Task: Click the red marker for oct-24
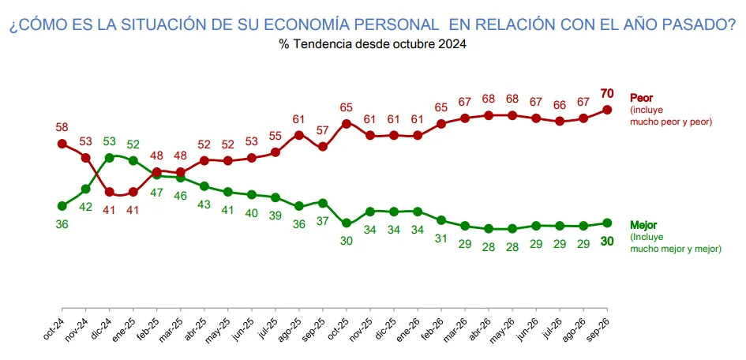click(62, 144)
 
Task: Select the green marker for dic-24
click(109, 158)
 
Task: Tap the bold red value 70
click(606, 92)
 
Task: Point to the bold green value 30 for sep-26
click(606, 242)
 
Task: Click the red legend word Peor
click(640, 98)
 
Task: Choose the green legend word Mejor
click(643, 225)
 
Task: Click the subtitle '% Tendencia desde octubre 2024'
click(373, 44)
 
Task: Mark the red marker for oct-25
click(347, 124)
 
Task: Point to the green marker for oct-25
click(347, 223)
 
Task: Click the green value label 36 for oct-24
click(62, 224)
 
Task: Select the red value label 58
click(62, 127)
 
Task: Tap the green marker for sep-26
click(606, 223)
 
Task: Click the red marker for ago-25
click(298, 135)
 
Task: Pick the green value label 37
click(323, 221)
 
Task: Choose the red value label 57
click(323, 130)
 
